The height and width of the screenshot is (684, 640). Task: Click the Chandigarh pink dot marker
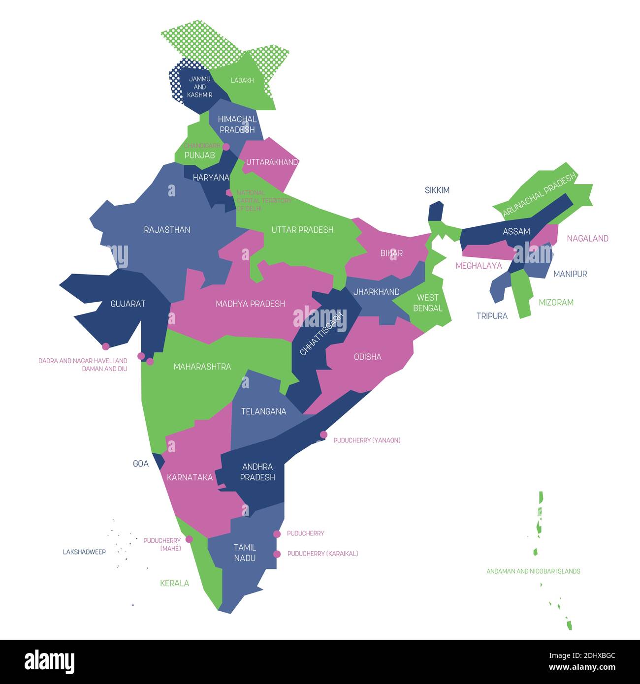pos(226,147)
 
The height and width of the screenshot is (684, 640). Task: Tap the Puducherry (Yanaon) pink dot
pos(323,435)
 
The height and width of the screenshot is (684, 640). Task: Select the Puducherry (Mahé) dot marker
pos(189,539)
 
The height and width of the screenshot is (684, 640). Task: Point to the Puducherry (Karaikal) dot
pos(277,554)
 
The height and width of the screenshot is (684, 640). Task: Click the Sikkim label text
pos(437,190)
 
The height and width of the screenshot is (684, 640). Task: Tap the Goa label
pos(141,464)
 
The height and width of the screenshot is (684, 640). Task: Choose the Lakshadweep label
pos(84,552)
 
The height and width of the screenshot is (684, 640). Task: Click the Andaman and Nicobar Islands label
pos(533,571)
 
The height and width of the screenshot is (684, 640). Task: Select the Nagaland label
pos(587,239)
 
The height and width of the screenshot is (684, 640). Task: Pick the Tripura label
pos(492,316)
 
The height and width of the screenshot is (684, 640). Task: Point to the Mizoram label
pos(556,303)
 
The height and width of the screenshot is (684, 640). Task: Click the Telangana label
pos(263,411)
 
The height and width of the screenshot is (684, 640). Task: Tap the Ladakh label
pos(242,80)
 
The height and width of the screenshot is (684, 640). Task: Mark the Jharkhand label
pos(376,292)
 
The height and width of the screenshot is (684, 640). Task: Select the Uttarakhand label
pos(272,162)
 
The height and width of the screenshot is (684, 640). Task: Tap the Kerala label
pos(174,583)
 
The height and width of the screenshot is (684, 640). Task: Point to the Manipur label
pos(570,274)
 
